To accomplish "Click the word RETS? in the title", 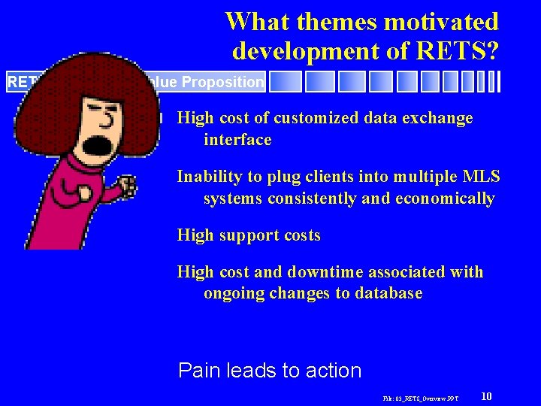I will [455, 50].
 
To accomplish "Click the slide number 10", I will [486, 396].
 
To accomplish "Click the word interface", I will [237, 140].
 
